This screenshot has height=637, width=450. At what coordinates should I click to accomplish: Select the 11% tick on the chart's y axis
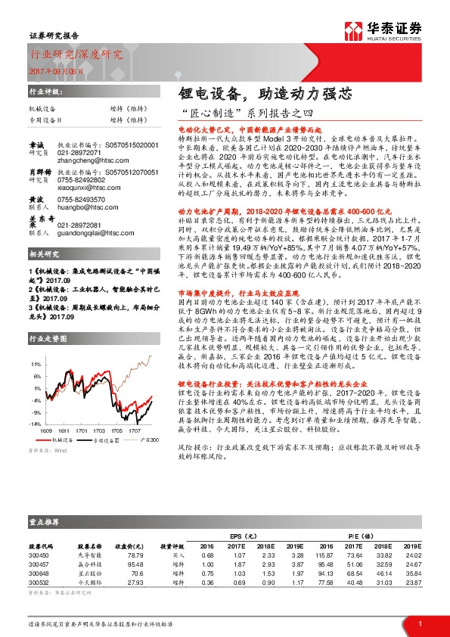click(35, 363)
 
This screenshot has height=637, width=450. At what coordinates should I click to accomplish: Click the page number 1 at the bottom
click(419, 623)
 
